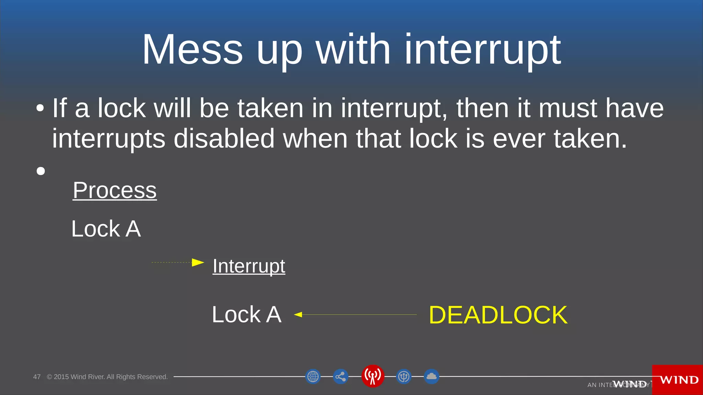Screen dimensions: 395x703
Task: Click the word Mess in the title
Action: [x=193, y=50]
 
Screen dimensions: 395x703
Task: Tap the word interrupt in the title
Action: [x=483, y=50]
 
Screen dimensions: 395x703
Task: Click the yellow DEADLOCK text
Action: [x=498, y=315]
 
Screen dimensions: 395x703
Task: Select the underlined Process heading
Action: [x=115, y=190]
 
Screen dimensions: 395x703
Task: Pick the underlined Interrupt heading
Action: [x=249, y=266]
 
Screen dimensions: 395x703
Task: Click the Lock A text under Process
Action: [x=106, y=229]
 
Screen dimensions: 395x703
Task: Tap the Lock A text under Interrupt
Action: [x=246, y=314]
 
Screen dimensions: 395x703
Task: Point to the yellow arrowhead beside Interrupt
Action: [x=198, y=263]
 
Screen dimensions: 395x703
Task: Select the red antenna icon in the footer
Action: [x=372, y=376]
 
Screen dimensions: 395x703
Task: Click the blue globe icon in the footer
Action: [x=313, y=376]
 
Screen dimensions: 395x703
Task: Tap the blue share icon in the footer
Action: [x=341, y=376]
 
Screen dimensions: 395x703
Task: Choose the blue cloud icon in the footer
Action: [x=431, y=376]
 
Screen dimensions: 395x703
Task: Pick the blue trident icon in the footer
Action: [x=404, y=376]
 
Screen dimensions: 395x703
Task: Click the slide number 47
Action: [x=37, y=377]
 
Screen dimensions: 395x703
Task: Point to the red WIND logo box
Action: [x=677, y=380]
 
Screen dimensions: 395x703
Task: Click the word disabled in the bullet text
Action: [x=224, y=139]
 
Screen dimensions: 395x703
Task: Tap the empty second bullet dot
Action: [x=41, y=171]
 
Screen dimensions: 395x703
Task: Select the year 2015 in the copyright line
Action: [x=61, y=377]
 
